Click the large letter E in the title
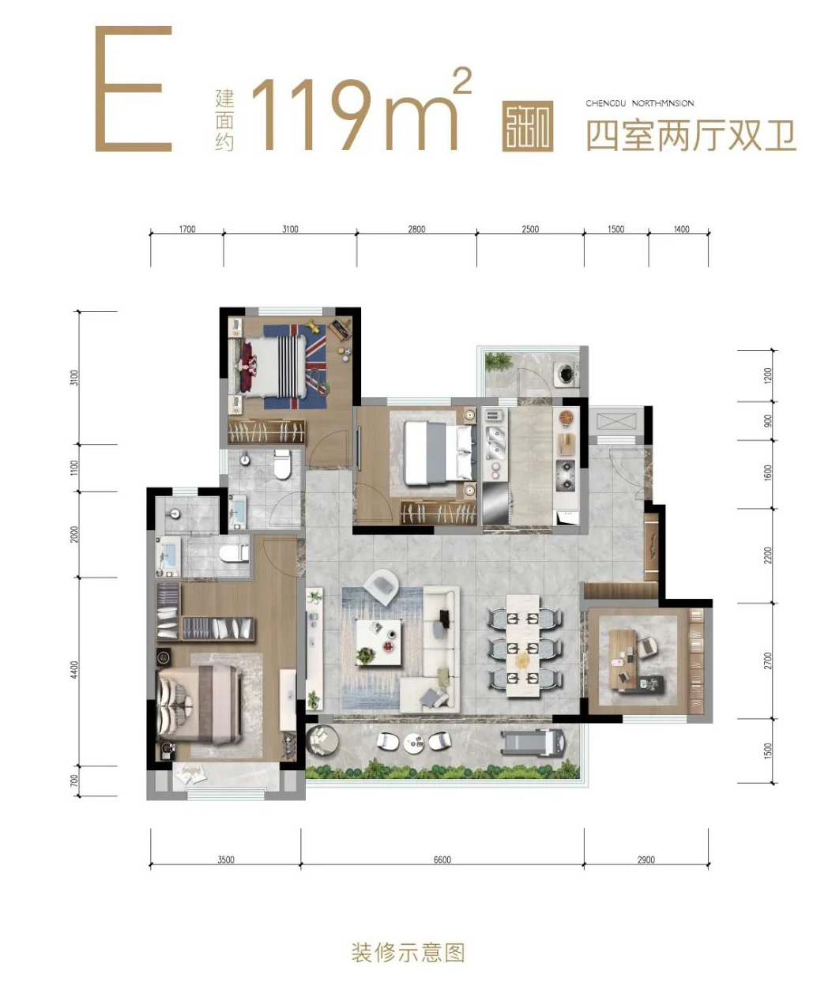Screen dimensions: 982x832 click(134, 88)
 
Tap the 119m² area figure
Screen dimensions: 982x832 click(360, 111)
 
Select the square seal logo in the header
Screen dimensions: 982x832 click(527, 126)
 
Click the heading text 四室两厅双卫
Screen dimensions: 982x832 click(690, 136)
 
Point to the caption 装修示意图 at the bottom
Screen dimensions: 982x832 click(408, 952)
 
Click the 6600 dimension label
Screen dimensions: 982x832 click(442, 860)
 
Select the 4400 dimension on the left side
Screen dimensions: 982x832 click(74, 671)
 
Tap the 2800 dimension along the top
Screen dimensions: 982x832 click(416, 229)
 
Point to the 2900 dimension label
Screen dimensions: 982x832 click(646, 860)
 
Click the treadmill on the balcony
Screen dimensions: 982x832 click(533, 742)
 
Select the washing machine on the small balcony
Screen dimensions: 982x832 click(566, 373)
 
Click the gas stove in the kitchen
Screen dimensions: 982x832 click(566, 471)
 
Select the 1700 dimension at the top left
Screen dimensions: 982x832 click(186, 229)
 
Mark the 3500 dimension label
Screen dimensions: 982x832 click(226, 860)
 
